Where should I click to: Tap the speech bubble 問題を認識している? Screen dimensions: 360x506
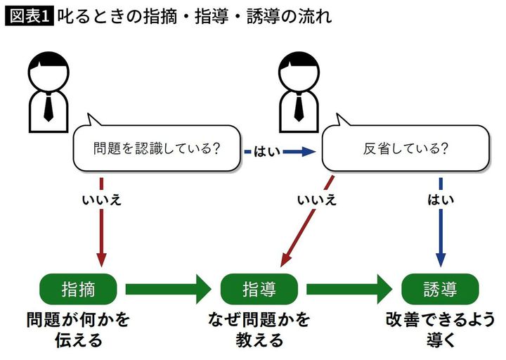tap(157, 148)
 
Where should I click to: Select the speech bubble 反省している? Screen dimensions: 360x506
tap(406, 148)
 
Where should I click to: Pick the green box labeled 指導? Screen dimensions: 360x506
tap(259, 288)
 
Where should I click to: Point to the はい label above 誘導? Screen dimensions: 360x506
tap(441, 200)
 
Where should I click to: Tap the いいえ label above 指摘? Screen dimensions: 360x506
tap(102, 200)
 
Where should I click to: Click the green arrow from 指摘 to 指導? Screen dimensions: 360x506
tap(169, 288)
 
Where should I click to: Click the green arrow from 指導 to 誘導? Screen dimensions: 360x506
tap(349, 288)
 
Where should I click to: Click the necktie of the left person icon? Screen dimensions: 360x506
tap(48, 108)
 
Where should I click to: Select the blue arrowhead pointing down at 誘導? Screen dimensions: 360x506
tap(441, 259)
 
